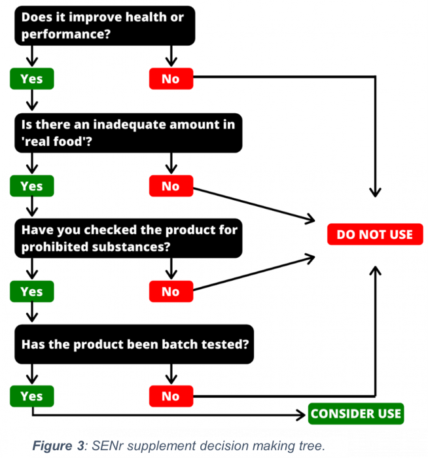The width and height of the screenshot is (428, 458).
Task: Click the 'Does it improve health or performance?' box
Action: [105, 26]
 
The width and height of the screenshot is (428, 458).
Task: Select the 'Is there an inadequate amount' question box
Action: [128, 133]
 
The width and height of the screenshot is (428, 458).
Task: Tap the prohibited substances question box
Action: [128, 238]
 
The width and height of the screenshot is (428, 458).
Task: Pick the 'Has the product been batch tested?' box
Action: [134, 344]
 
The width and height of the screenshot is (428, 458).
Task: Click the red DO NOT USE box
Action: [375, 234]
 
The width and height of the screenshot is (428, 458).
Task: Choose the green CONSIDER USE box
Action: [356, 414]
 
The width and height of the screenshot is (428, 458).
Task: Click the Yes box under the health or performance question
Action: [32, 79]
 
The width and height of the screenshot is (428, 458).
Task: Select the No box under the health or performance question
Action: [171, 79]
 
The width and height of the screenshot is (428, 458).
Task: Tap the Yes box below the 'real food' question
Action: [32, 186]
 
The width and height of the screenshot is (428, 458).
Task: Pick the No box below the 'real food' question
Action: [171, 186]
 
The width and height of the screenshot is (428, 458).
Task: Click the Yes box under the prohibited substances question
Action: [32, 292]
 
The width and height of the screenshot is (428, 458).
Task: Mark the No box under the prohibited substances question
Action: [171, 292]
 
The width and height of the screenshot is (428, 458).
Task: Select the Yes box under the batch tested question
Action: [32, 396]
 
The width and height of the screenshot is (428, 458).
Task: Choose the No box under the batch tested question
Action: [171, 396]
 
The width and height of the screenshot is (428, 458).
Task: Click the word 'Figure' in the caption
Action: [52, 446]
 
